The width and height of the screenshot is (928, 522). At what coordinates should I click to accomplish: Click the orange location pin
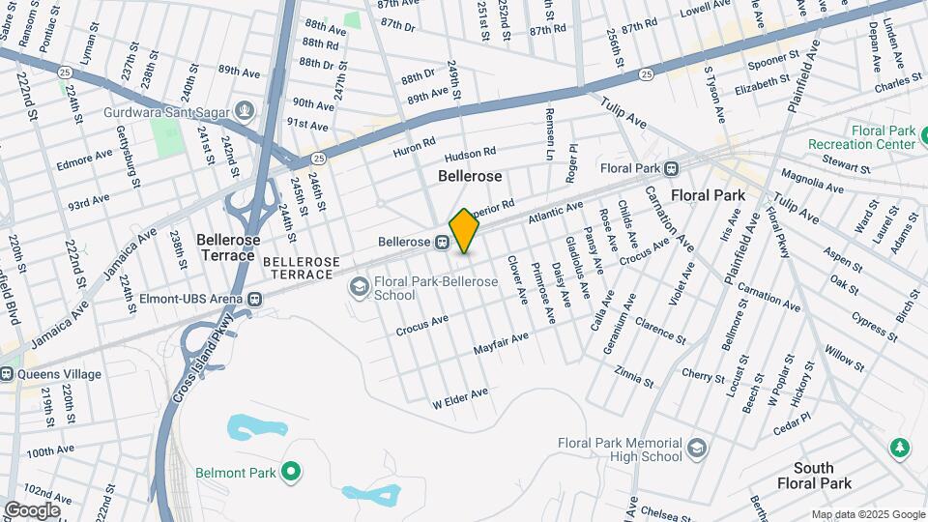(x=464, y=230)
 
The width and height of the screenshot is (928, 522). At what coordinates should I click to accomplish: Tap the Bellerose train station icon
(x=442, y=242)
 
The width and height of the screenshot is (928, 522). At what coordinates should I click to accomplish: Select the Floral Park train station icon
(x=670, y=168)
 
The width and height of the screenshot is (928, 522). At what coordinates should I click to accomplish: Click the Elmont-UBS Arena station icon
(x=254, y=300)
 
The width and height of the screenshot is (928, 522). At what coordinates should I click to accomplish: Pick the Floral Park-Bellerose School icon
(x=360, y=286)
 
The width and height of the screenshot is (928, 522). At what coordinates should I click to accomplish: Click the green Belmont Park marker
(x=288, y=473)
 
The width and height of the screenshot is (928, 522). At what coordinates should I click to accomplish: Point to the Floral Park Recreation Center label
(x=882, y=137)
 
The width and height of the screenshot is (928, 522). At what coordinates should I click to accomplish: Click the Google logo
(x=32, y=509)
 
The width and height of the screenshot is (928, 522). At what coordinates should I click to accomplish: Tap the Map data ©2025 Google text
(x=867, y=514)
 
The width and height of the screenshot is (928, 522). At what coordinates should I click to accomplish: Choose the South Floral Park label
(x=816, y=475)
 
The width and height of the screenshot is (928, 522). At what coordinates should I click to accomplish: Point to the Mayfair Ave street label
(x=501, y=343)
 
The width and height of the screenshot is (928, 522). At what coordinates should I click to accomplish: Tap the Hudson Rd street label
(x=470, y=155)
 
